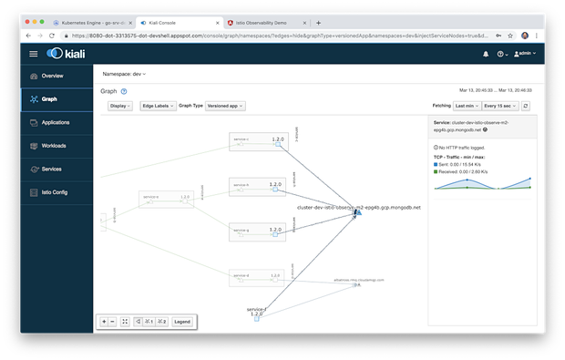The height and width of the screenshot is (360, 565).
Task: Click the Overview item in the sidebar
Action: [52, 76]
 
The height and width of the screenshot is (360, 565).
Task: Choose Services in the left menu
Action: [51, 169]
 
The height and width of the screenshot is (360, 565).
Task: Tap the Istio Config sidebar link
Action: [55, 191]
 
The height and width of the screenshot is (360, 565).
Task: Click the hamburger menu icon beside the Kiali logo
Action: [34, 54]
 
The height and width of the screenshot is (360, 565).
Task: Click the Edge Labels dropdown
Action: [158, 106]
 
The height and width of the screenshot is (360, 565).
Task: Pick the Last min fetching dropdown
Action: [465, 106]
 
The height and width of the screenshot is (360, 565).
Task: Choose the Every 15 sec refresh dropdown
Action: [498, 106]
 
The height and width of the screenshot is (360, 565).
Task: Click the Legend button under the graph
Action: [182, 322]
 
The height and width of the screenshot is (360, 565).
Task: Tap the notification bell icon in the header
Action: [485, 54]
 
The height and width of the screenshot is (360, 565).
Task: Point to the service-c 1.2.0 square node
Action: [276, 143]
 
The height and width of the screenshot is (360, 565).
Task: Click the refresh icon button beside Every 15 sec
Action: [526, 106]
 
